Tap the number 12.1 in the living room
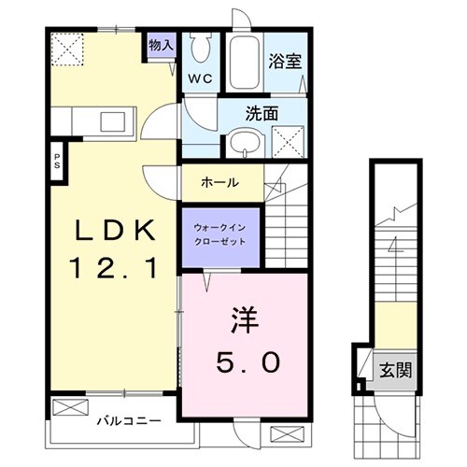[113, 270]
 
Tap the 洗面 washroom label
[263, 113]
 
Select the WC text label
[200, 78]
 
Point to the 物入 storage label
[161, 44]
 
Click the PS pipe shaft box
[56, 160]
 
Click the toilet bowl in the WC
[200, 47]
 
